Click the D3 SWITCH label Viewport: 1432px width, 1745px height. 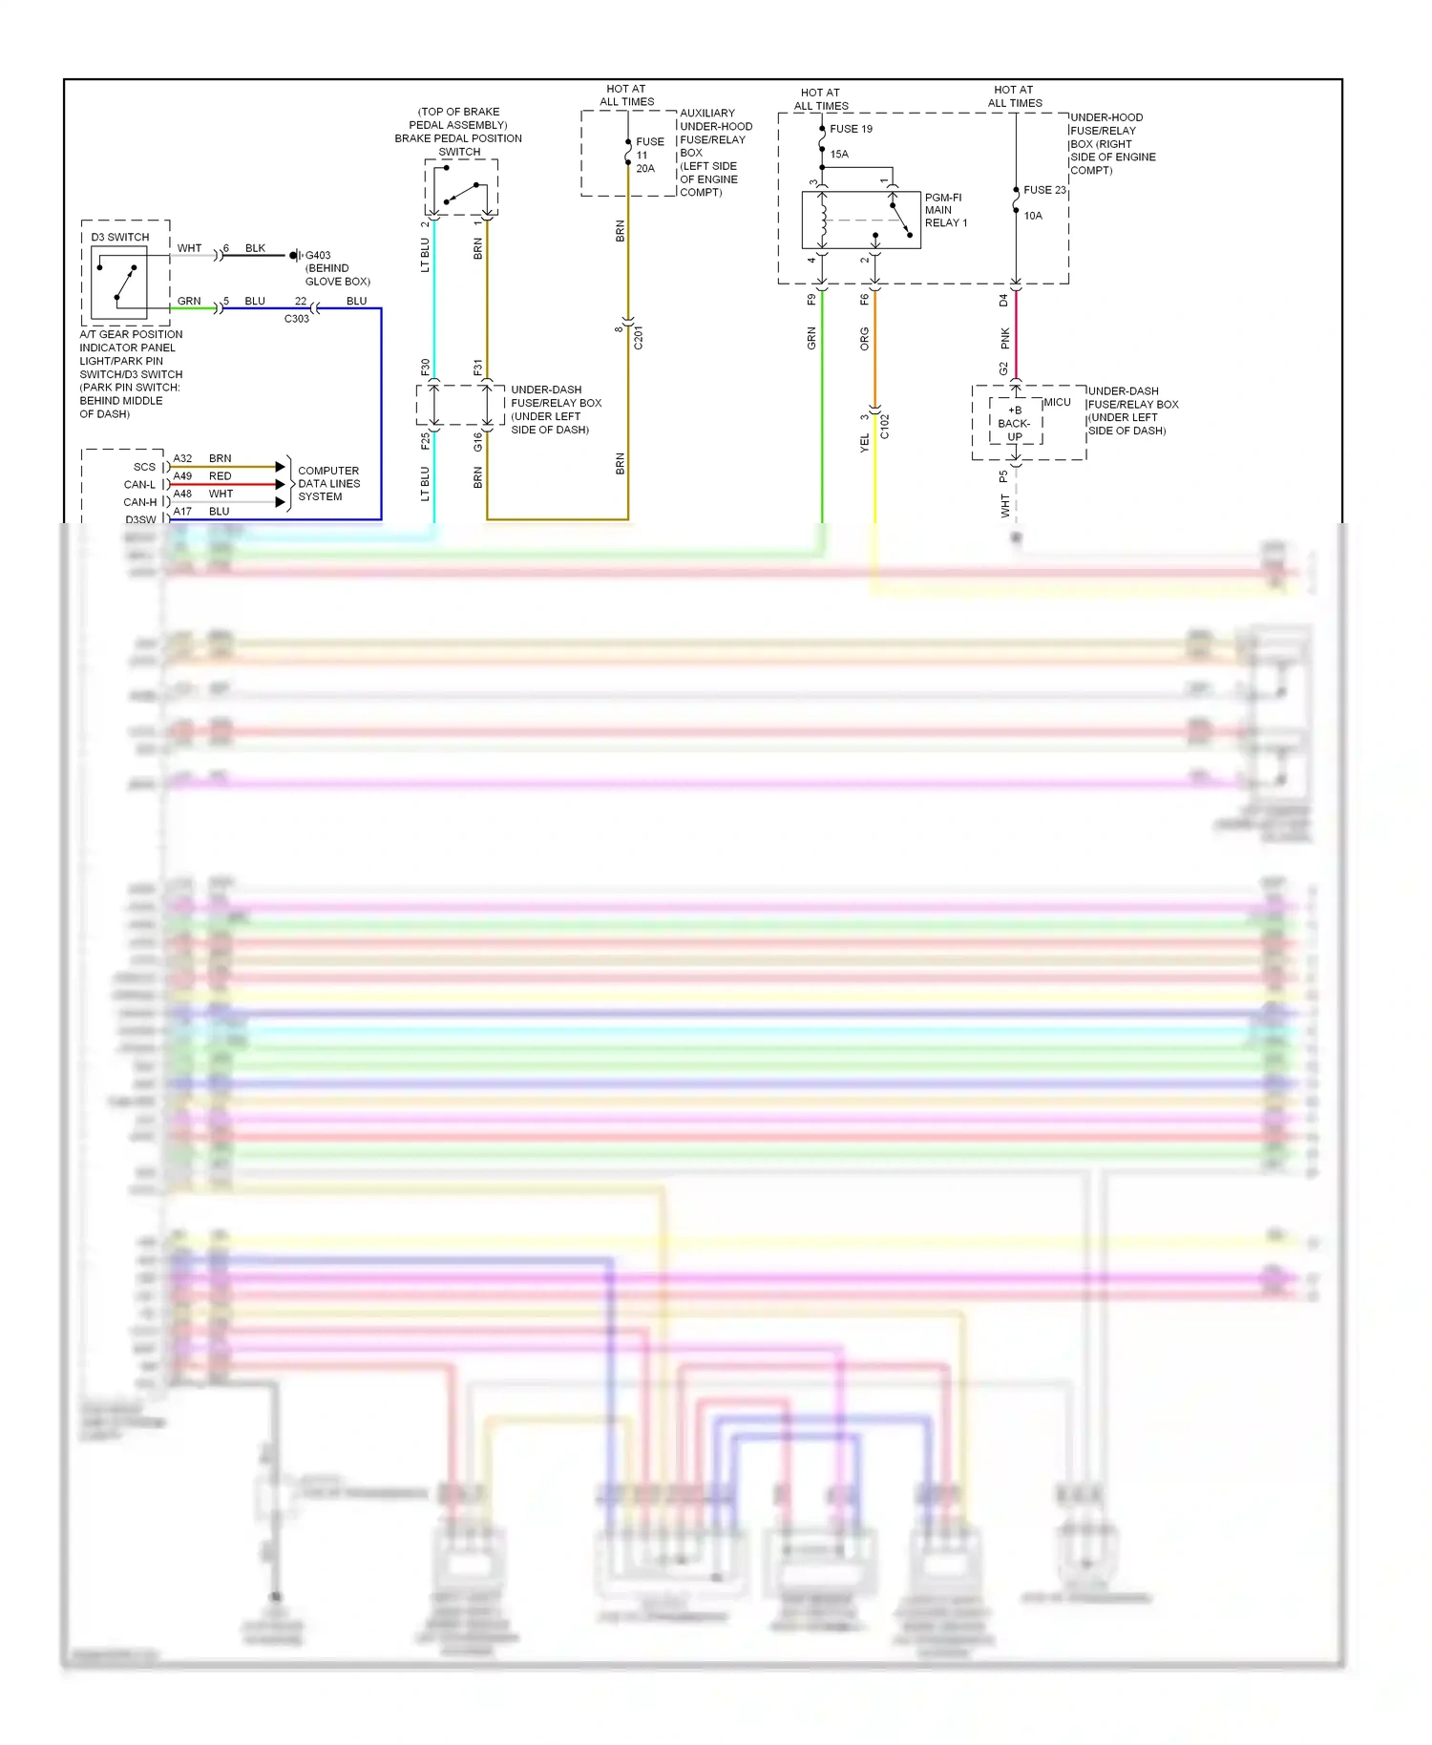click(x=120, y=237)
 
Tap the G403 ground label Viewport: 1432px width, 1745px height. click(x=318, y=255)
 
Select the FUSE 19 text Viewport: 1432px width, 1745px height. click(x=851, y=129)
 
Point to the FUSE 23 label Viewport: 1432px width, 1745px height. click(x=1044, y=190)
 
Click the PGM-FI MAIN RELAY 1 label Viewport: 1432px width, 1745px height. click(x=945, y=210)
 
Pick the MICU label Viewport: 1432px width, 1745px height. click(x=1057, y=402)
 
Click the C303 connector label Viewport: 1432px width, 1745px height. click(x=297, y=319)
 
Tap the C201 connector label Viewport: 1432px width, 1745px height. click(x=639, y=337)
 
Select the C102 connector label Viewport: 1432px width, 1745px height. click(x=884, y=426)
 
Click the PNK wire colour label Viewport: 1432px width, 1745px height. click(x=1005, y=338)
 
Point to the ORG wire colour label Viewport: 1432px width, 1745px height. click(x=865, y=338)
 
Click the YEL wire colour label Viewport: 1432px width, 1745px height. click(x=865, y=442)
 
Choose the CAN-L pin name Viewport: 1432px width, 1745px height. click(x=139, y=485)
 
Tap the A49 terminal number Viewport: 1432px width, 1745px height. click(x=182, y=476)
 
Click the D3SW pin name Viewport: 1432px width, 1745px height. click(x=140, y=519)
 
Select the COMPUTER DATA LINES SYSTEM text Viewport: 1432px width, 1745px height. click(x=328, y=484)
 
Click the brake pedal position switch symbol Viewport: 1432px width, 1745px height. click(x=461, y=188)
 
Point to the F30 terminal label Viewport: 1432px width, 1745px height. click(x=426, y=368)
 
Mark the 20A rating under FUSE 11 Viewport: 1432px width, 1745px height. click(x=645, y=168)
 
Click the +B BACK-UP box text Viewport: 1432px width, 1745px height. click(x=1014, y=423)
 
